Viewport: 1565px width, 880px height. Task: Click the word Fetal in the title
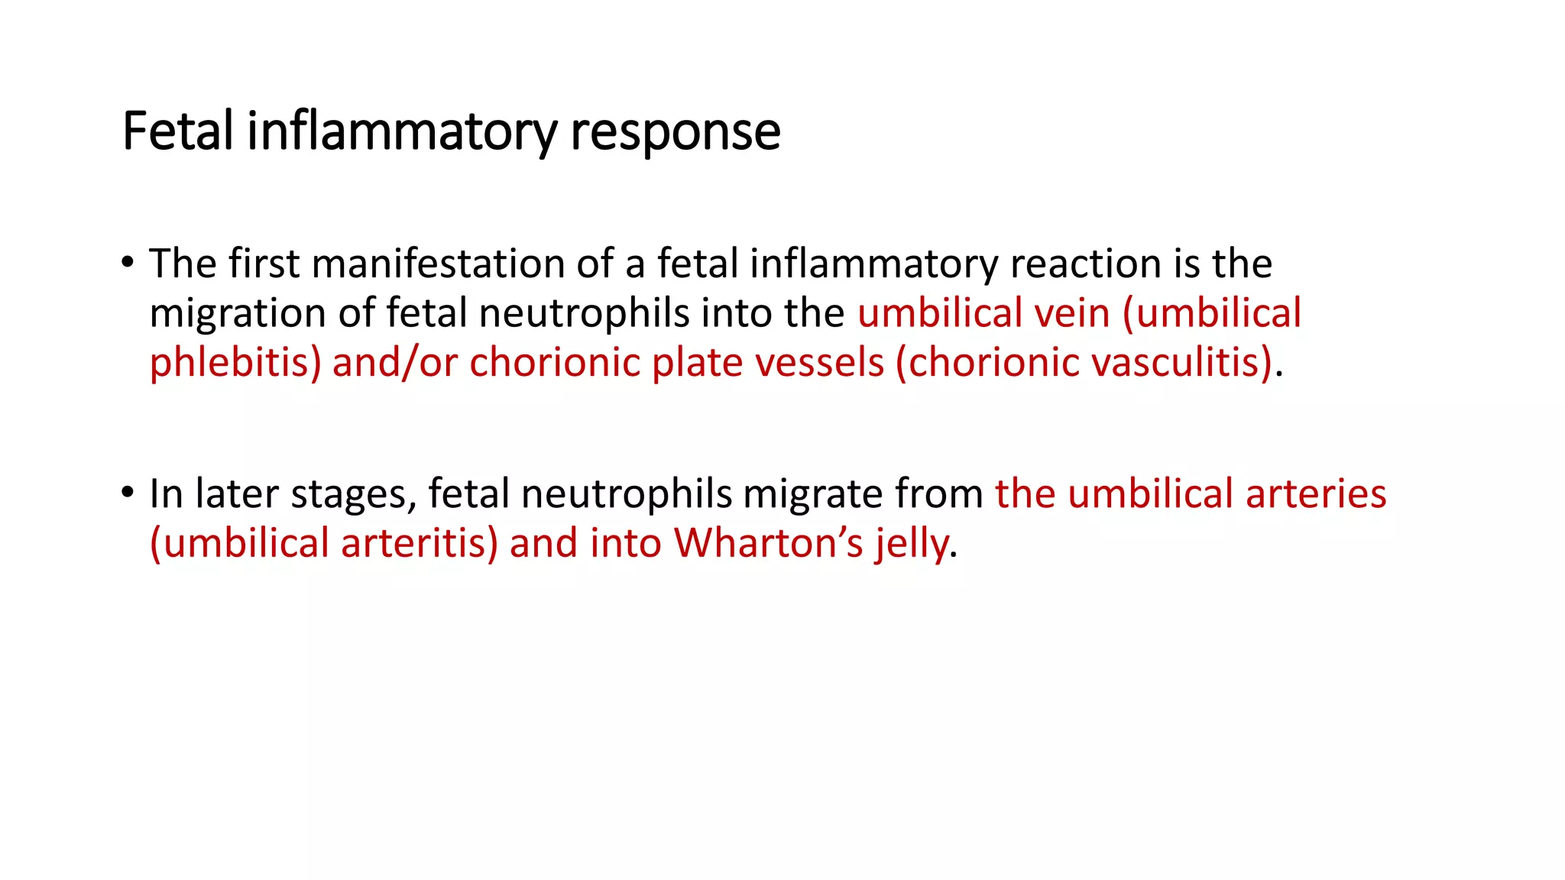tap(177, 131)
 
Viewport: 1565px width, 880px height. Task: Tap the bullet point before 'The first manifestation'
tap(128, 262)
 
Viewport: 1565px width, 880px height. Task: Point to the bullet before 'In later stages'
tap(128, 492)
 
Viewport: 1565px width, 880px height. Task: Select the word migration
tap(237, 314)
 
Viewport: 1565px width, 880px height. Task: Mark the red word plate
tap(697, 363)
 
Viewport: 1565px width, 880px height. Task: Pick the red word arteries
tap(1315, 493)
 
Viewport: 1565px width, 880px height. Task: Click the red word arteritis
tap(418, 543)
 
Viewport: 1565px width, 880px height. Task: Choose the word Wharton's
tap(769, 543)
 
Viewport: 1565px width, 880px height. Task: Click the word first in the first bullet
tap(264, 264)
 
